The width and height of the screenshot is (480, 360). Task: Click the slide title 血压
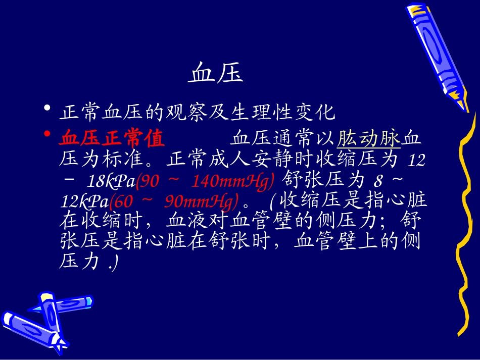coord(216,74)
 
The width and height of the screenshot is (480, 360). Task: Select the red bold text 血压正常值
coord(112,138)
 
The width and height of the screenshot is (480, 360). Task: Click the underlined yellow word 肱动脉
coord(368,138)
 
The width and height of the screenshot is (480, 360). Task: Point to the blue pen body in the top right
coord(432,45)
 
